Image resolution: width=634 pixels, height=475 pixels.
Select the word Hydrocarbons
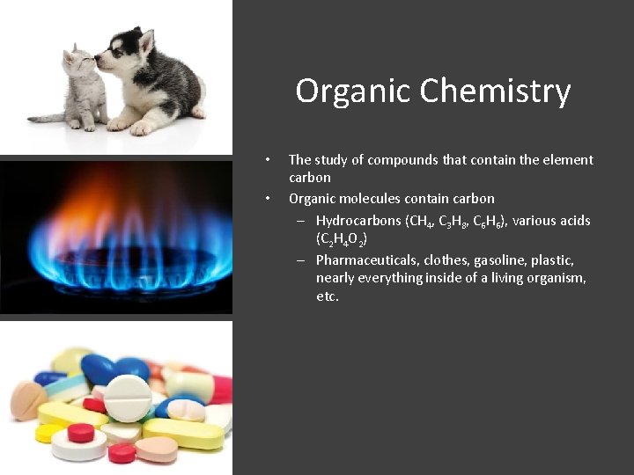click(x=358, y=221)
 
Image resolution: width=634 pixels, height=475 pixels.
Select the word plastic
click(x=552, y=260)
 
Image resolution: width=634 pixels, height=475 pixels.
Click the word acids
click(x=573, y=221)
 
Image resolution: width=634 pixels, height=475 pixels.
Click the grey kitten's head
click(x=79, y=63)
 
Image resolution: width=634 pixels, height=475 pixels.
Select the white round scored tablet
click(x=127, y=398)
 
